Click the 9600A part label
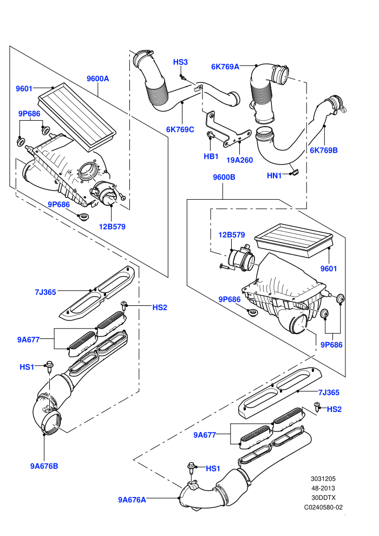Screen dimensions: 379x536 click(x=98, y=79)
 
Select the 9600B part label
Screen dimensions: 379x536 click(x=224, y=177)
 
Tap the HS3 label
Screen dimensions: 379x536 click(x=180, y=62)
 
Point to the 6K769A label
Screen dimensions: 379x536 click(x=225, y=67)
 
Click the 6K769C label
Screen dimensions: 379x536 click(x=180, y=129)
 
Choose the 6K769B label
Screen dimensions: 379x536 click(x=324, y=150)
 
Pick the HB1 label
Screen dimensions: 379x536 click(x=211, y=156)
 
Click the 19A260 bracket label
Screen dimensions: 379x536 click(x=239, y=160)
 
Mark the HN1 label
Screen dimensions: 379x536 click(x=274, y=176)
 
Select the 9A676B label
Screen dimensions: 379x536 click(x=44, y=466)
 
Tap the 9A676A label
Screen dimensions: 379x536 click(x=132, y=500)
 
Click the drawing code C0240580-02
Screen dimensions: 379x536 click(x=323, y=507)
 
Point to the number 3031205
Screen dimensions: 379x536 click(x=323, y=479)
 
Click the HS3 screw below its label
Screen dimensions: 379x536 click(x=183, y=77)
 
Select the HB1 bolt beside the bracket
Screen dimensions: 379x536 click(x=211, y=135)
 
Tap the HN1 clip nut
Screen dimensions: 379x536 click(x=294, y=173)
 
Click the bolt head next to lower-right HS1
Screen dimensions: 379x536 click(x=191, y=466)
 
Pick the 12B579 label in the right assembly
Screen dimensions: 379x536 click(x=232, y=235)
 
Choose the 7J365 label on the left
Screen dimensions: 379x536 click(x=45, y=292)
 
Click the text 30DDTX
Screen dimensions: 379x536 click(x=323, y=498)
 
